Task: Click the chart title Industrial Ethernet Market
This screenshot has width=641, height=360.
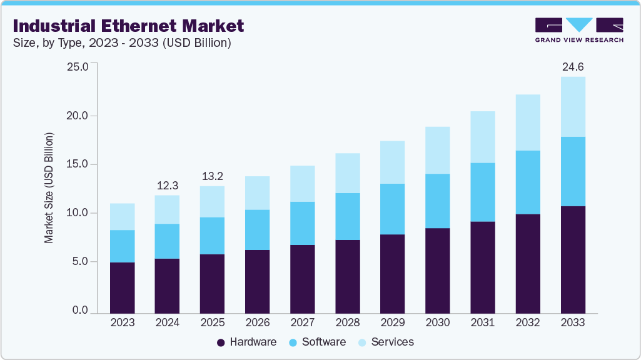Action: click(x=128, y=26)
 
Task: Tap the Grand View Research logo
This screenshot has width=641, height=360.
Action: click(x=579, y=30)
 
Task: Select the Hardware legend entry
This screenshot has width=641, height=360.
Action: click(x=246, y=342)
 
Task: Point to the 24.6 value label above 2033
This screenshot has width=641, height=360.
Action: click(x=573, y=66)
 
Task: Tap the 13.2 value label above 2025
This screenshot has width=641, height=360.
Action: click(x=212, y=176)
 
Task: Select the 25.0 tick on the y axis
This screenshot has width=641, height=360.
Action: click(x=77, y=67)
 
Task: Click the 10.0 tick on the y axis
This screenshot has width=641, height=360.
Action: click(x=77, y=213)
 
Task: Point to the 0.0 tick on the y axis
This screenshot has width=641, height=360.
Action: click(x=79, y=311)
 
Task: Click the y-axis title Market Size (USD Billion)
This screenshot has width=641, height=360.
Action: click(x=49, y=188)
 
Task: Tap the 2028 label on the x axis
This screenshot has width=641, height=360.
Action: click(x=348, y=322)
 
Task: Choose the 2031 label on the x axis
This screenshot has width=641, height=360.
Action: click(x=483, y=322)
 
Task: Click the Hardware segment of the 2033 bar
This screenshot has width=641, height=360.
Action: click(x=573, y=259)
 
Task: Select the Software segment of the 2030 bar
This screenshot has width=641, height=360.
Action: click(x=438, y=201)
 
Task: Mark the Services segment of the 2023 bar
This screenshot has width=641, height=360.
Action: click(x=122, y=216)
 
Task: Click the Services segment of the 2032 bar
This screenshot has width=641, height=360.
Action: click(x=528, y=122)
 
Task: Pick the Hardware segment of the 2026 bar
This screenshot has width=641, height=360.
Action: click(x=257, y=281)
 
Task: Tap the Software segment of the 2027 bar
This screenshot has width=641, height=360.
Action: click(x=302, y=223)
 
